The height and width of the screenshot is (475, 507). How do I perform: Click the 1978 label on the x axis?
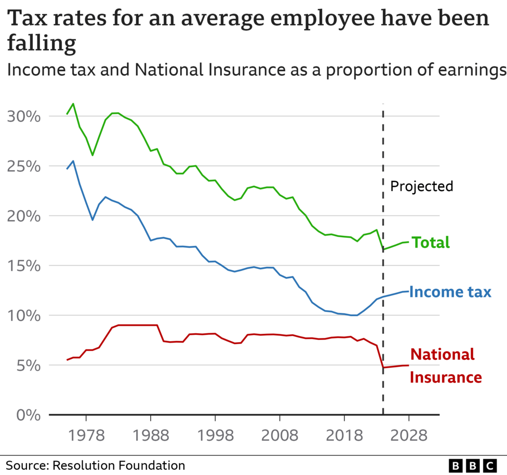pyautogui.click(x=86, y=435)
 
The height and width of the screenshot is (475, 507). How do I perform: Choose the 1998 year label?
pyautogui.click(x=215, y=435)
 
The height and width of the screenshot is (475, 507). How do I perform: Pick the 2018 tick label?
pyautogui.click(x=344, y=435)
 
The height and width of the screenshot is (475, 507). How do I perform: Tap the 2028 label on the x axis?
pyautogui.click(x=409, y=435)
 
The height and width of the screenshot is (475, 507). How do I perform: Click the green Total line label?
pyautogui.click(x=431, y=242)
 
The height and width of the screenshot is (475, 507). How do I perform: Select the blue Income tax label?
pyautogui.click(x=450, y=292)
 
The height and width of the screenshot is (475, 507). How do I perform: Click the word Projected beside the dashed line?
pyautogui.click(x=421, y=186)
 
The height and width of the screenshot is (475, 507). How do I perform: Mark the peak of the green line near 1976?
pyautogui.click(x=73, y=103)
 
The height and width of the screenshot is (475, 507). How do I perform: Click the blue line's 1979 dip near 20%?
pyautogui.click(x=92, y=220)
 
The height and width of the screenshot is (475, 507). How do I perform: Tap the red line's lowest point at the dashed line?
pyautogui.click(x=383, y=368)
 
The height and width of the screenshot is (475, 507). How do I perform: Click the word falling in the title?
pyautogui.click(x=42, y=44)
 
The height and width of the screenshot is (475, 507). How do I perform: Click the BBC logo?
pyautogui.click(x=472, y=465)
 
